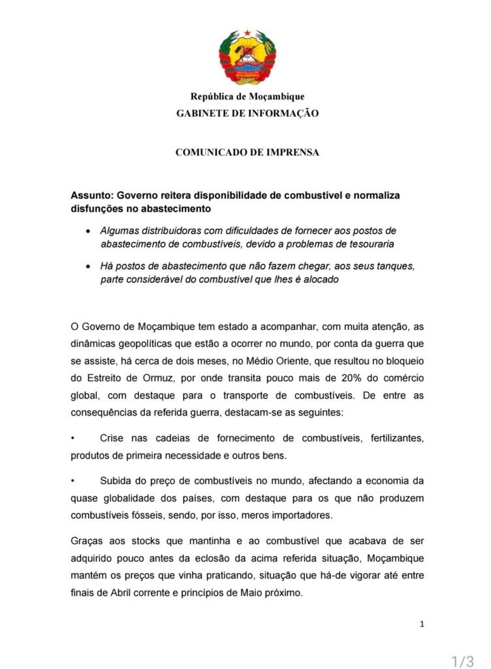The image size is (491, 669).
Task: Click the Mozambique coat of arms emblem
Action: click(x=247, y=57)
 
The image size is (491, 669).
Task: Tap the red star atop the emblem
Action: click(x=247, y=31)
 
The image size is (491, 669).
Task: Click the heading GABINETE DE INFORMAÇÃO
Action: click(x=247, y=113)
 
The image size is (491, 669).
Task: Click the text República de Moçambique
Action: click(x=247, y=97)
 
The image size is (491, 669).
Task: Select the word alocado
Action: click(x=319, y=280)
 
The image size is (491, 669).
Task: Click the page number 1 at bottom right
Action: click(x=422, y=625)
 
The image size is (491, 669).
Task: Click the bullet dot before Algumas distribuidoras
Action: click(x=88, y=231)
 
